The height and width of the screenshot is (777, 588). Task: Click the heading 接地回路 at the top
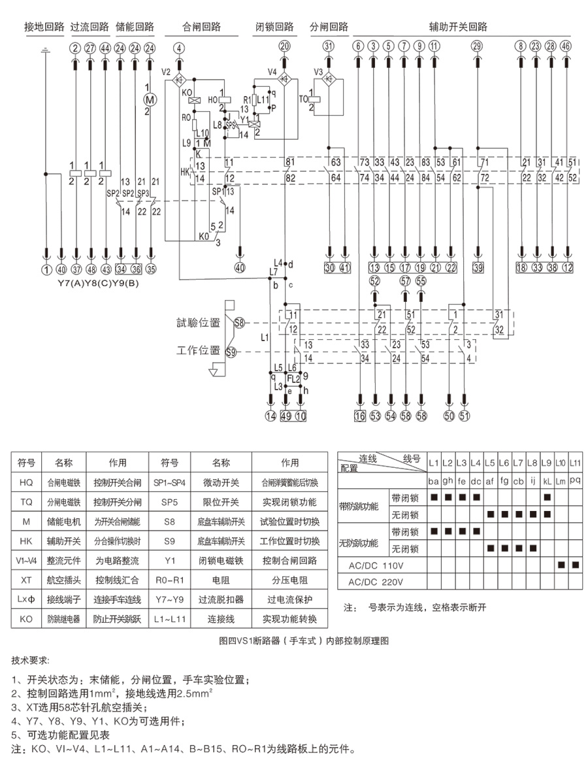(x=44, y=27)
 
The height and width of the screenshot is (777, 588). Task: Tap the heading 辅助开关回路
(x=458, y=27)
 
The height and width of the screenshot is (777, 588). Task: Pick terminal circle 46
(x=566, y=46)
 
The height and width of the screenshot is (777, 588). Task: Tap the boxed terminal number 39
(x=478, y=267)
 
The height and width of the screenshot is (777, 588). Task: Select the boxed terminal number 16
(x=360, y=416)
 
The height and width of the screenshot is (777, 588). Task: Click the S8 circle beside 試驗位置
(x=239, y=322)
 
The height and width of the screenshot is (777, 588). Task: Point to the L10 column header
(x=560, y=463)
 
